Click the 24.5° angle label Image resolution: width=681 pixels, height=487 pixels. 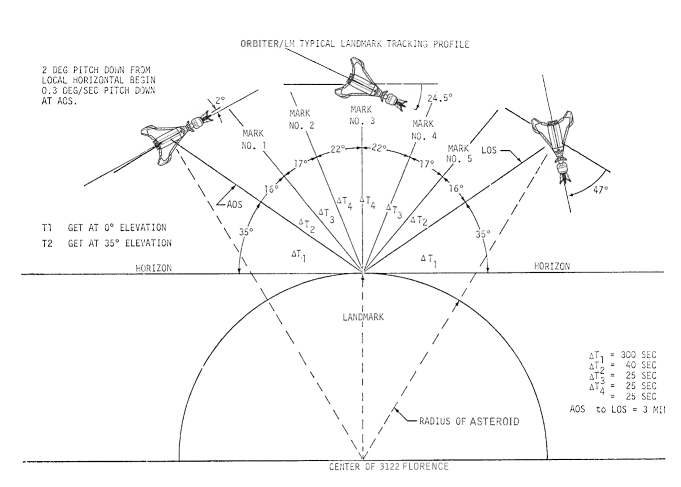pyautogui.click(x=440, y=98)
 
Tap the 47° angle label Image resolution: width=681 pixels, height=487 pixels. pyautogui.click(x=600, y=190)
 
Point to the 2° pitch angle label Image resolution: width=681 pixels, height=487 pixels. pyautogui.click(x=220, y=100)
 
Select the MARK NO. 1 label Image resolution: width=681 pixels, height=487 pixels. pyautogui.click(x=253, y=139)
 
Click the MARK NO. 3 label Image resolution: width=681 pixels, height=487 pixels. pyautogui.click(x=361, y=115)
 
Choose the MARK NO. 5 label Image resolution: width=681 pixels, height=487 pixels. pyautogui.click(x=459, y=154)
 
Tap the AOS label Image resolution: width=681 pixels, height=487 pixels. pyautogui.click(x=234, y=205)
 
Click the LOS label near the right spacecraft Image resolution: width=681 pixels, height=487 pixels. pyautogui.click(x=489, y=150)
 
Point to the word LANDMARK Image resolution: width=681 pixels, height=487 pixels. pyautogui.click(x=363, y=317)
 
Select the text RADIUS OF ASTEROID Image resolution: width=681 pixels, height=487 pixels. pyautogui.click(x=469, y=421)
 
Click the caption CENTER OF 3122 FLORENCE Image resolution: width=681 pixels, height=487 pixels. pyautogui.click(x=389, y=467)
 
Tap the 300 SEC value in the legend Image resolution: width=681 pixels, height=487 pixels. pyautogui.click(x=638, y=355)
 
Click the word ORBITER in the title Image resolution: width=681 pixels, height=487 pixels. pyautogui.click(x=259, y=44)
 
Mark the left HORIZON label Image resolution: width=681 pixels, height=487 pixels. pyautogui.click(x=154, y=268)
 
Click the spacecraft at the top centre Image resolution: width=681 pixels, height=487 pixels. pyautogui.click(x=370, y=85)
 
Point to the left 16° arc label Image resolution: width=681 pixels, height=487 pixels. pyautogui.click(x=271, y=189)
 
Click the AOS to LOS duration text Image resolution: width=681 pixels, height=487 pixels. pyautogui.click(x=617, y=410)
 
